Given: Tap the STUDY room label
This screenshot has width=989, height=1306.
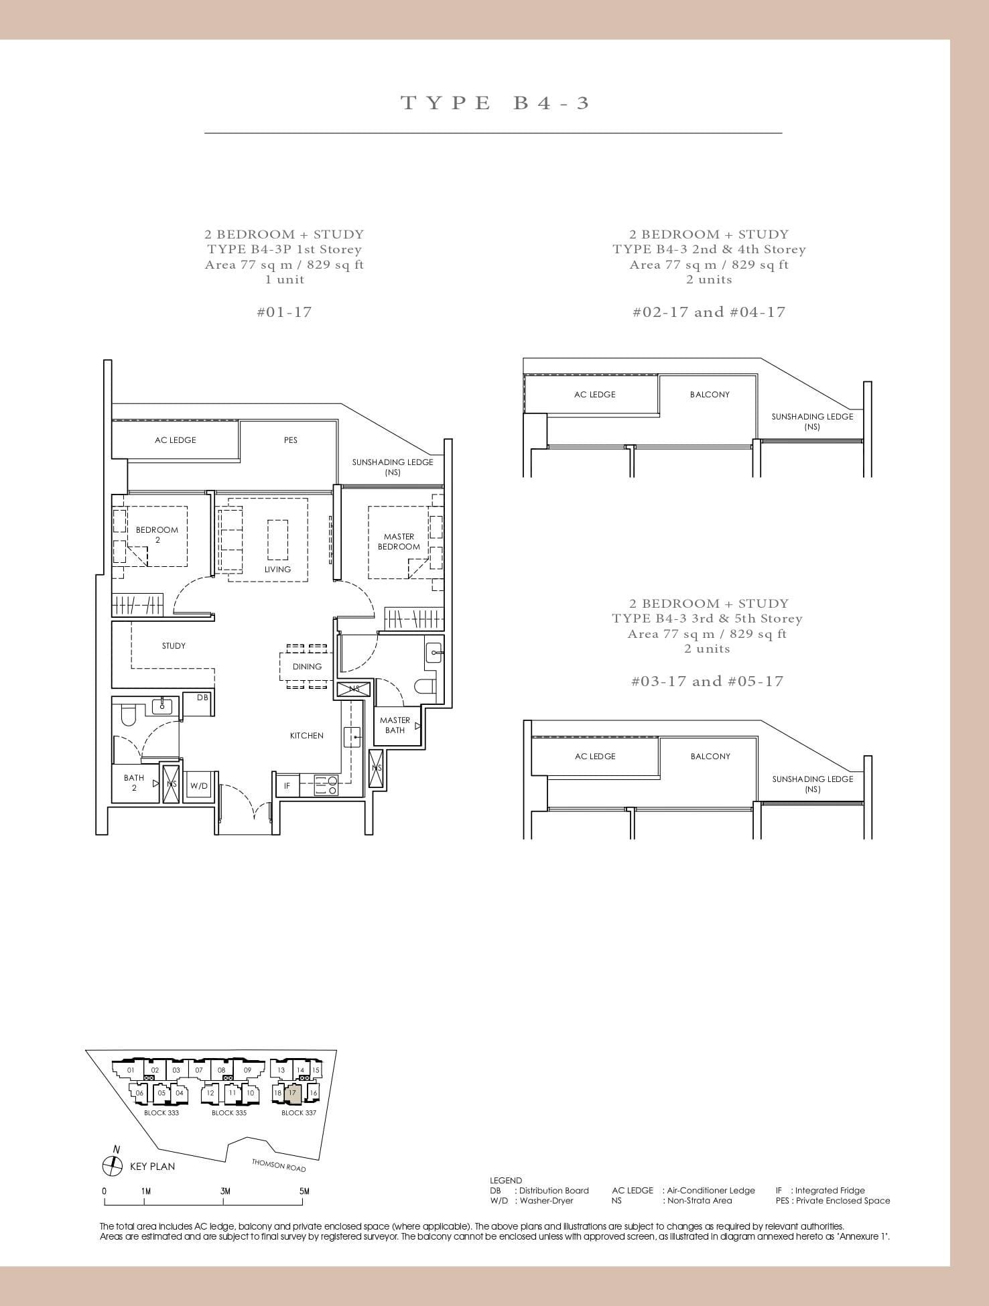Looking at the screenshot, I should (x=174, y=646).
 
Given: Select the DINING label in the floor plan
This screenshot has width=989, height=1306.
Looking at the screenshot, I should (x=307, y=667).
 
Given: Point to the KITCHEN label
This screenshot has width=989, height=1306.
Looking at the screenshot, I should (x=307, y=736).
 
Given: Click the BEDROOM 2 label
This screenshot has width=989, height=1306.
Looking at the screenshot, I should (x=157, y=535).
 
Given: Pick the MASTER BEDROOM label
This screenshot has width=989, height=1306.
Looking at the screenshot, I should (x=399, y=541).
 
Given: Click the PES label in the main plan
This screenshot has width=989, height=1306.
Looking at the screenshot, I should (x=290, y=440).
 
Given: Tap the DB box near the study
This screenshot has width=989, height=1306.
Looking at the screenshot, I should (x=202, y=698).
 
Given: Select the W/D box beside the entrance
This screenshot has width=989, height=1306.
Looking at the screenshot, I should (x=199, y=786).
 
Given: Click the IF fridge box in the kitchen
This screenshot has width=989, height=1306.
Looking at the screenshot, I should (x=287, y=786).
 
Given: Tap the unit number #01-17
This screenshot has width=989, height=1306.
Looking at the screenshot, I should (x=284, y=312).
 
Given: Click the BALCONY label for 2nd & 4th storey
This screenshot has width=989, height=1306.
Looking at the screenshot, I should (x=710, y=395).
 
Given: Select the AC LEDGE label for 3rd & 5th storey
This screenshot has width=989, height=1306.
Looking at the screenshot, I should (x=594, y=757).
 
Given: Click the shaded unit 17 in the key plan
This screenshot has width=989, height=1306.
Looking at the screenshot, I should (x=293, y=1093).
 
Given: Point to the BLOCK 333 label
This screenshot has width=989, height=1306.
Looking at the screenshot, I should (x=161, y=1113).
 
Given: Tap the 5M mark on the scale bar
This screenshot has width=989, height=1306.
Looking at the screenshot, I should (x=304, y=1191).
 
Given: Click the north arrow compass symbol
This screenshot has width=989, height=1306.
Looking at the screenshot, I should (x=112, y=1166).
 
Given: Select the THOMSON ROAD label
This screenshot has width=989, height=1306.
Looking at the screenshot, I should (x=279, y=1165).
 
